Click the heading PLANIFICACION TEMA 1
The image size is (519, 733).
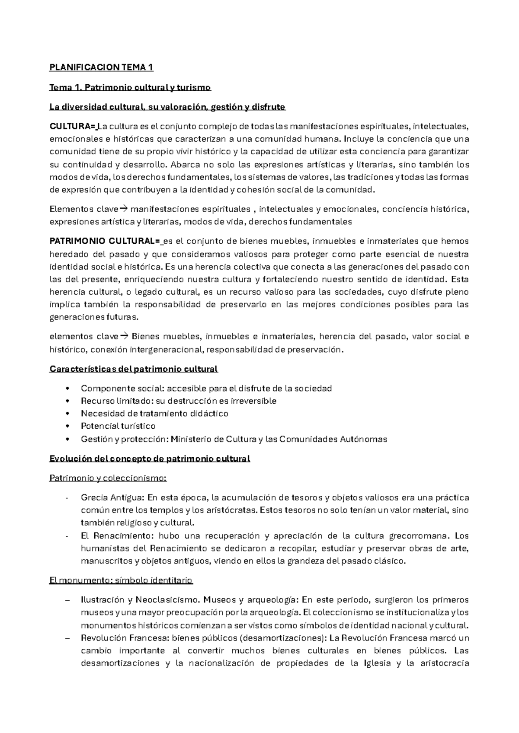[x=101, y=67]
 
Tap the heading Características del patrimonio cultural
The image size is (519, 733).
[x=134, y=369]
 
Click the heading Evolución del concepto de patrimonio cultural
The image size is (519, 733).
[x=150, y=459]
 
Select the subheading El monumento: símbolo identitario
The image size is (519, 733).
[x=121, y=580]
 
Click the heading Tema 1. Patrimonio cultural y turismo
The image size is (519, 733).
[x=130, y=88]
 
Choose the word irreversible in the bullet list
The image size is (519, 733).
[x=255, y=401]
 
